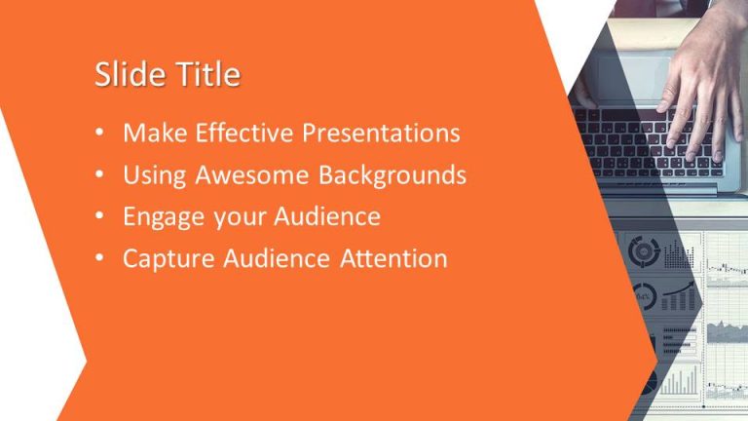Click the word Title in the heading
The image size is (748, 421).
coord(206,76)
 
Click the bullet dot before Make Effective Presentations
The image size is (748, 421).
coord(101,134)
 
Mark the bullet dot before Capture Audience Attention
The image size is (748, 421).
coord(101,260)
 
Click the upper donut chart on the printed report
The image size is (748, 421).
coord(644,251)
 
